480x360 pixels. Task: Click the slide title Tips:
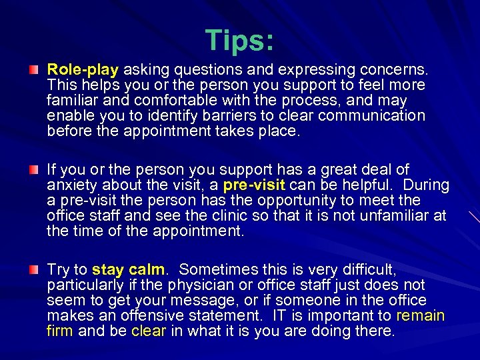pyautogui.click(x=239, y=41)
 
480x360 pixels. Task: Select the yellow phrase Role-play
pyautogui.click(x=83, y=69)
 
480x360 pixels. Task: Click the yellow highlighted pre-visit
pyautogui.click(x=254, y=185)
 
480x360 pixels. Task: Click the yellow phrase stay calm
pyautogui.click(x=128, y=269)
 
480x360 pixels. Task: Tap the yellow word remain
pyautogui.click(x=420, y=316)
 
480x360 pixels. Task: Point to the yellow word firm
pyautogui.click(x=60, y=331)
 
